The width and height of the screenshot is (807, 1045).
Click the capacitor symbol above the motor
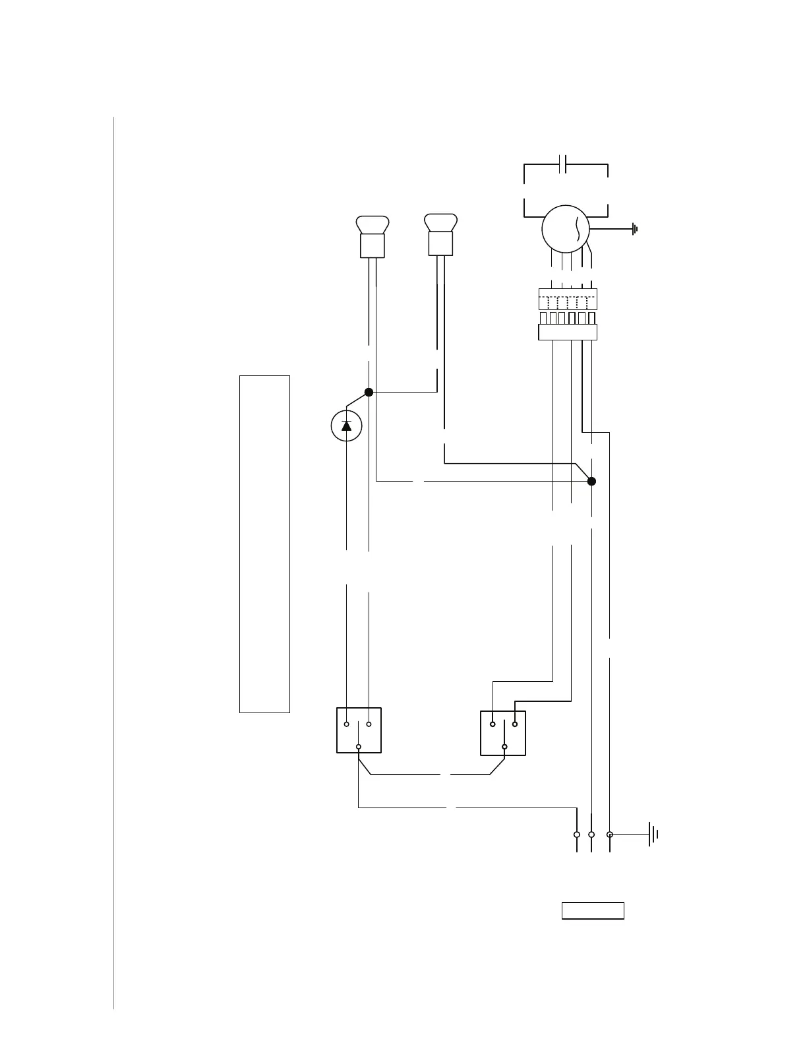click(562, 164)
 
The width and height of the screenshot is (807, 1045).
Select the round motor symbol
click(566, 230)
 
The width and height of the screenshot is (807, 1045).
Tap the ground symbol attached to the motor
click(634, 230)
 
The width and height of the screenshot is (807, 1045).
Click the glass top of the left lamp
click(372, 224)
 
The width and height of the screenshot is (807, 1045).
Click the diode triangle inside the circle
click(347, 426)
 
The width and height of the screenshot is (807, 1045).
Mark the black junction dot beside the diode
click(369, 392)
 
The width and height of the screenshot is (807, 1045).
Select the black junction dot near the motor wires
click(591, 482)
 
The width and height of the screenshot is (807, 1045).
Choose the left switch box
click(359, 730)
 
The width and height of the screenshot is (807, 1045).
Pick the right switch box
click(503, 732)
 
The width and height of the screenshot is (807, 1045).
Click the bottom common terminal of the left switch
click(359, 747)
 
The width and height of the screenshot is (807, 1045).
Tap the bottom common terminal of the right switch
click(504, 747)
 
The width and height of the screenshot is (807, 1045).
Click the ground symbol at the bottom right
click(653, 835)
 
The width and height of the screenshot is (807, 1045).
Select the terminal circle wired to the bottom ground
click(610, 835)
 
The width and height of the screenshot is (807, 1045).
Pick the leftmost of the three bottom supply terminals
click(577, 835)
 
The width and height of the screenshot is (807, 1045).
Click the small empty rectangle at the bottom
click(593, 910)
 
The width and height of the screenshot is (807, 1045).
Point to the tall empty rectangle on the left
click(264, 544)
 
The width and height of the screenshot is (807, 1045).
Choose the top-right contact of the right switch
click(515, 724)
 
